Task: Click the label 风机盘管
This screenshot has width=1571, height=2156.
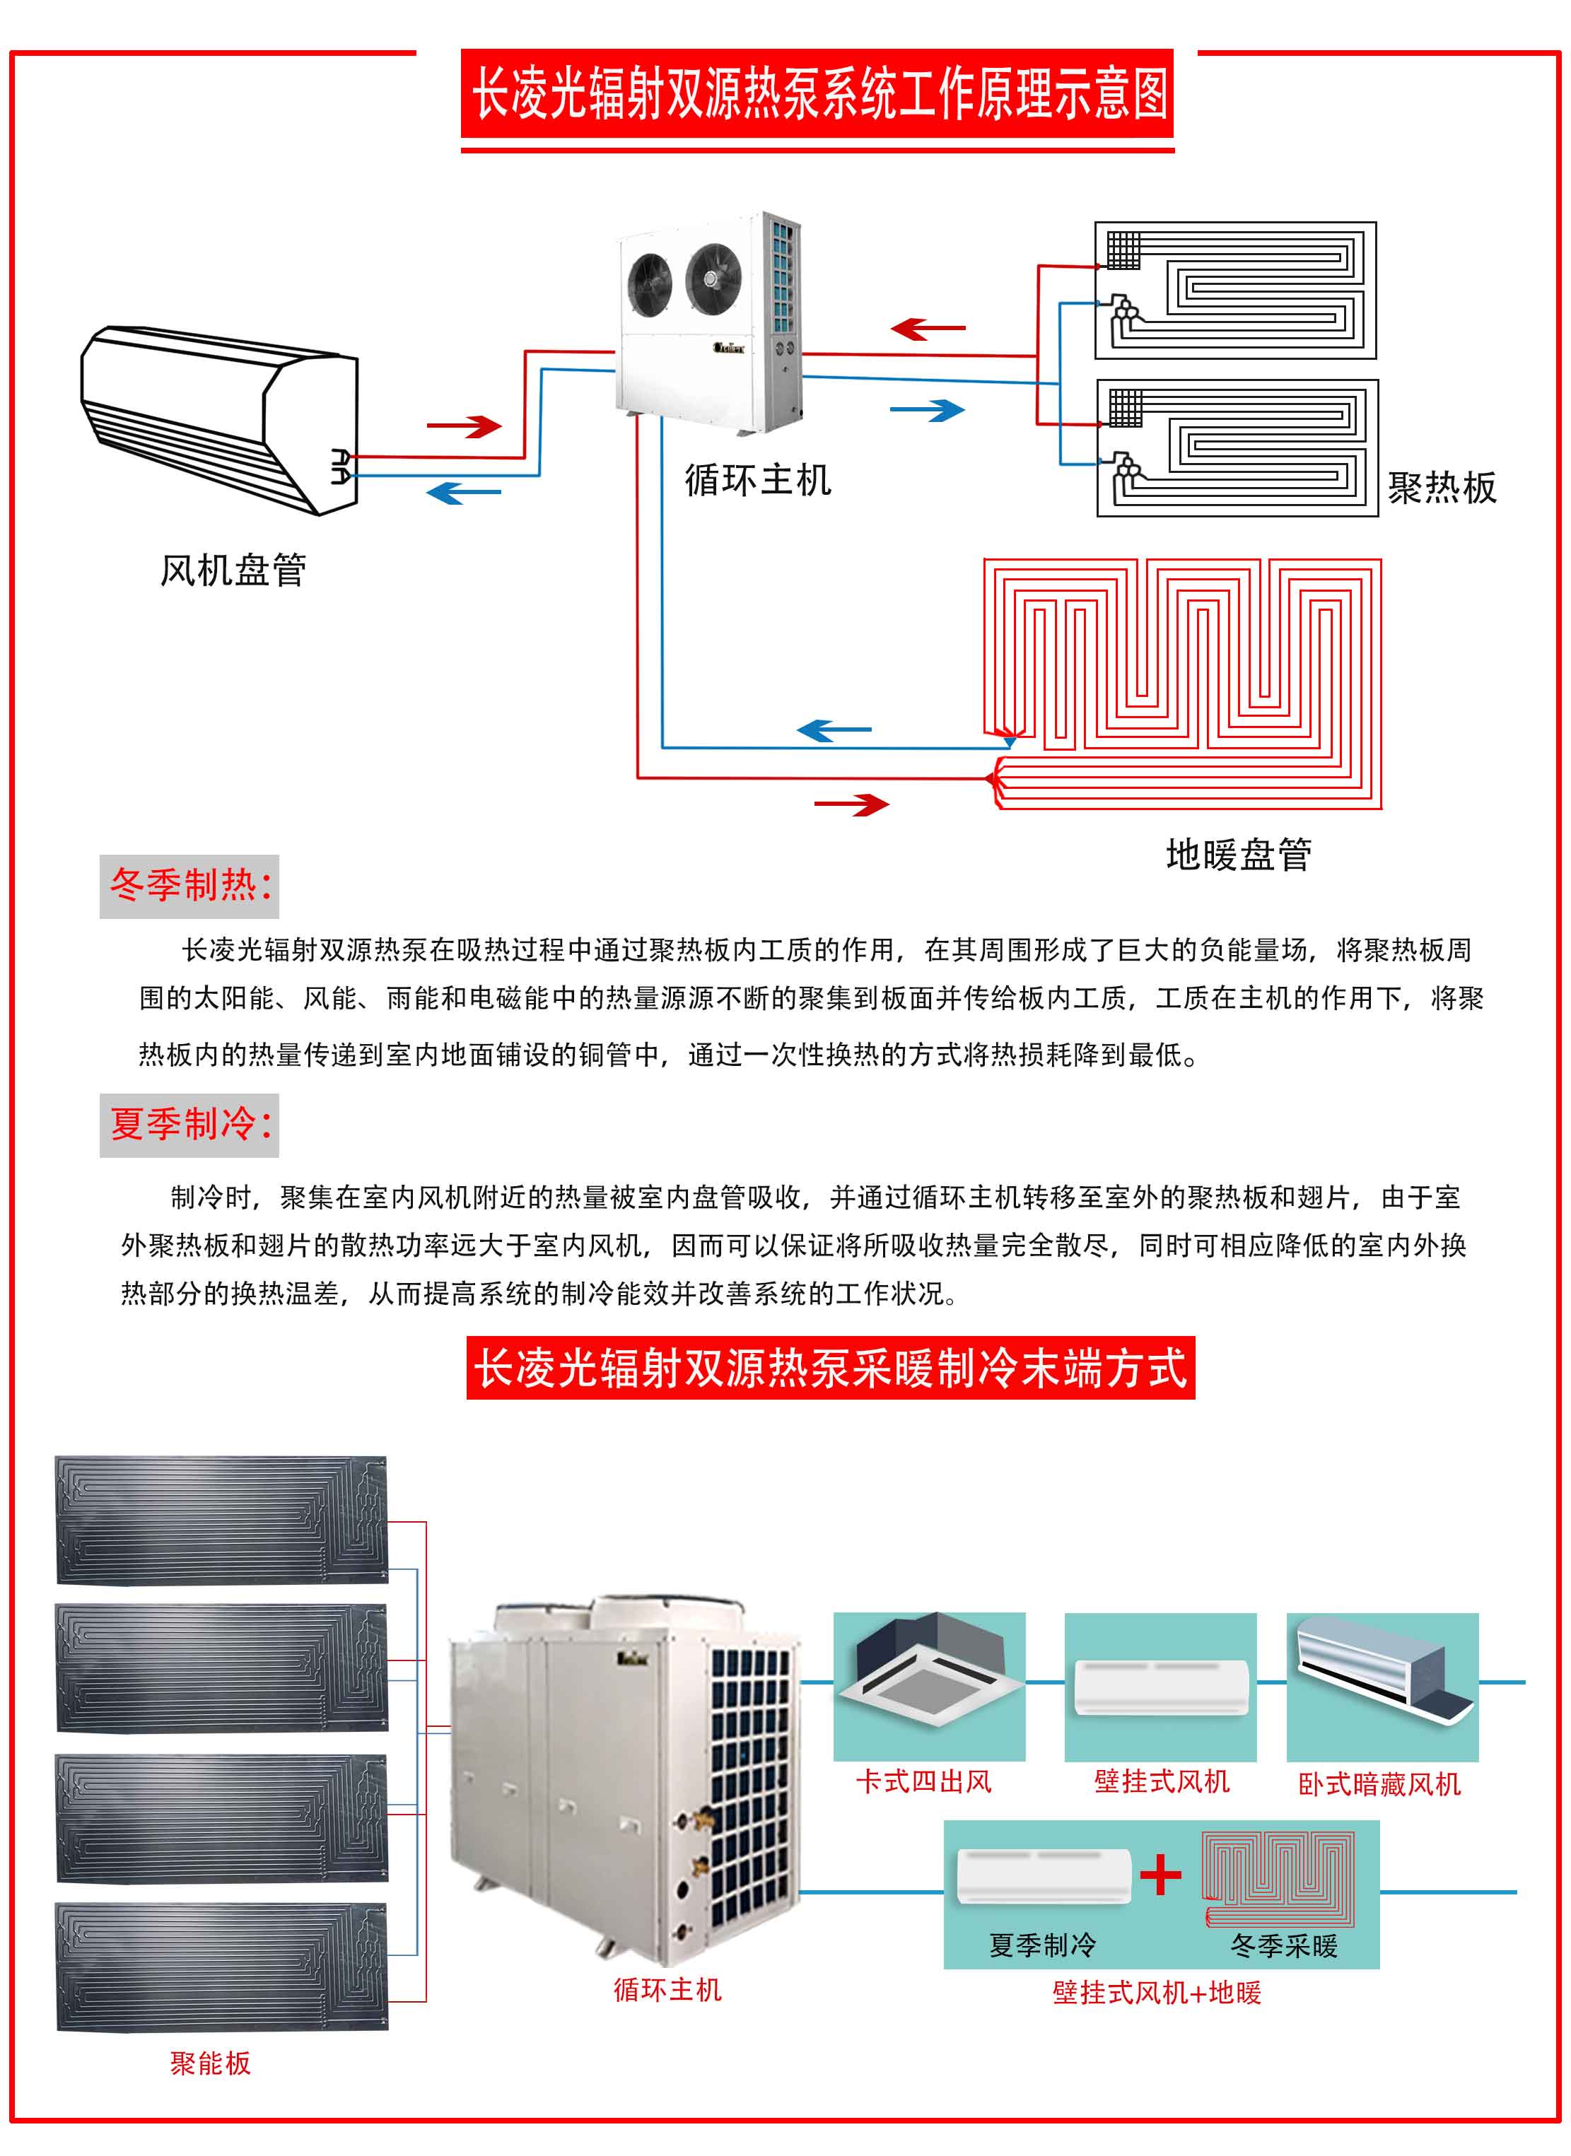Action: [233, 570]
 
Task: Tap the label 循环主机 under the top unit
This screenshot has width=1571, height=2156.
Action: [758, 479]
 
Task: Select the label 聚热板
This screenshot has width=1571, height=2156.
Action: [1442, 488]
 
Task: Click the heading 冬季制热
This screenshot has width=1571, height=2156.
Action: [189, 886]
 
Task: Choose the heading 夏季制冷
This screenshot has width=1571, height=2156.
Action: [189, 1125]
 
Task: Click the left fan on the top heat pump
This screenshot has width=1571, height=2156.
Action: [650, 284]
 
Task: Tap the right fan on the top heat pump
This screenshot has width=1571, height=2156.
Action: [712, 276]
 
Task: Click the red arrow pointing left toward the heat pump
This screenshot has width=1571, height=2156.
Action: [927, 329]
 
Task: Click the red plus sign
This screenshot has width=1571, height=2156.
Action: [1160, 1875]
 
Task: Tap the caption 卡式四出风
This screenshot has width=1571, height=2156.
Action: [923, 1781]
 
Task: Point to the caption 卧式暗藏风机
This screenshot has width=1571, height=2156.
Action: [1379, 1784]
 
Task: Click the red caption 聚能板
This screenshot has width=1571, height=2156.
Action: [210, 2063]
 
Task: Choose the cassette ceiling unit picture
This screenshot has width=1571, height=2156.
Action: [928, 1673]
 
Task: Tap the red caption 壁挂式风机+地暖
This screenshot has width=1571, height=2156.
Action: [1157, 1993]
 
